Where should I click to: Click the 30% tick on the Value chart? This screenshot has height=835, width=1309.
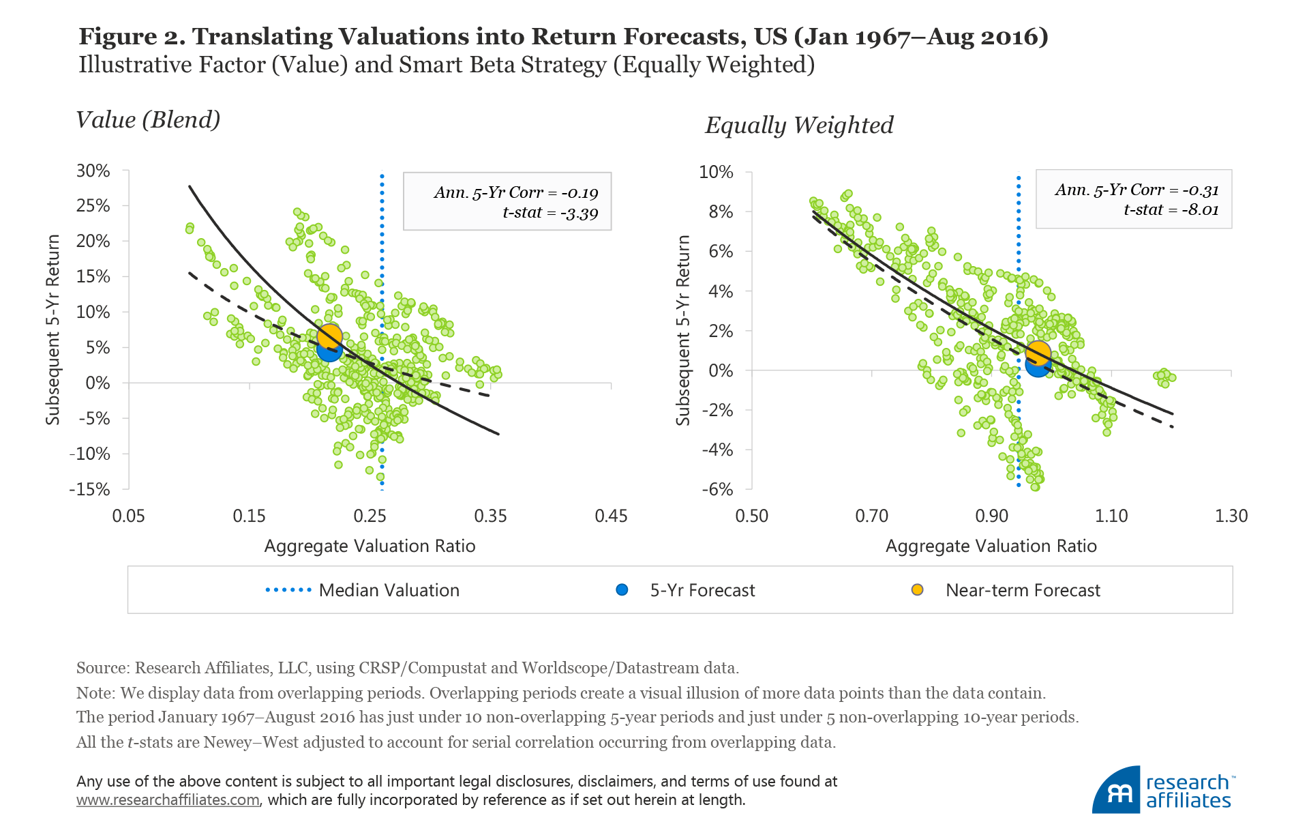93,171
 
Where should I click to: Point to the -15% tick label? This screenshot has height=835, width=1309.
89,489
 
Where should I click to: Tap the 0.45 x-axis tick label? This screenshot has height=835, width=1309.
611,516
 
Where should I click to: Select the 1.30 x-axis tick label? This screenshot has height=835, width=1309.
1231,516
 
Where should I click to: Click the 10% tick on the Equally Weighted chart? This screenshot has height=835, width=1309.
716,172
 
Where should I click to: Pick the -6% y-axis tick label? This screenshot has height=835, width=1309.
718,489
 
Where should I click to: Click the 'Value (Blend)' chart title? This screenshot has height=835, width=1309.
148,120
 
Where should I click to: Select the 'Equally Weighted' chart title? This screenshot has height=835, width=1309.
799,126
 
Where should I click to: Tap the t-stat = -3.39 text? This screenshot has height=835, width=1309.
550,213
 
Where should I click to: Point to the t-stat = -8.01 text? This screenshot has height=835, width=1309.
1171,209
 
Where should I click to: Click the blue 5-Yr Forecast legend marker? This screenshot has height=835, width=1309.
622,590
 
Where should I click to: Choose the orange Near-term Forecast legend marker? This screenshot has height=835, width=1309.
918,590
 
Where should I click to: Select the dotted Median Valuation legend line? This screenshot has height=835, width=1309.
288,590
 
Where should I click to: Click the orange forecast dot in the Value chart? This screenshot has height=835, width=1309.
329,335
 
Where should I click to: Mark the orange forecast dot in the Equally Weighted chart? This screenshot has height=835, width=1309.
1038,353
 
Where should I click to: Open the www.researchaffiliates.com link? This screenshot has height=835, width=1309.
168,800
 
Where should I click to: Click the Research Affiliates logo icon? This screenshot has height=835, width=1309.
1116,791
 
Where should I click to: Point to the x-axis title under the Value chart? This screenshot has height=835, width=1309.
370,546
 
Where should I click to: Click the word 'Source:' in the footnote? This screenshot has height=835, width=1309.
103,668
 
